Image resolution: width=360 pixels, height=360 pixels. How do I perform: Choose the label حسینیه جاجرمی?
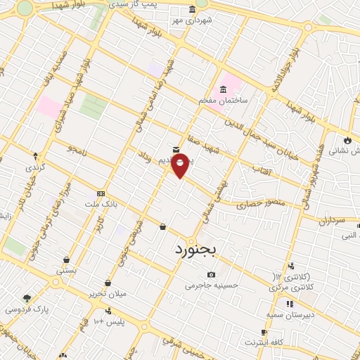tap(212, 285)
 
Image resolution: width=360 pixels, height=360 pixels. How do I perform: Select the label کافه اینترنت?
tap(264, 342)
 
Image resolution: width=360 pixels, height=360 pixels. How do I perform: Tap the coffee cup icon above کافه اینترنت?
tap(264, 332)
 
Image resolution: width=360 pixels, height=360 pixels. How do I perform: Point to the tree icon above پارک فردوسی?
tap(27, 298)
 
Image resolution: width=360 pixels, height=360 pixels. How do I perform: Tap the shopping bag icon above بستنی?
tap(66, 259)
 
